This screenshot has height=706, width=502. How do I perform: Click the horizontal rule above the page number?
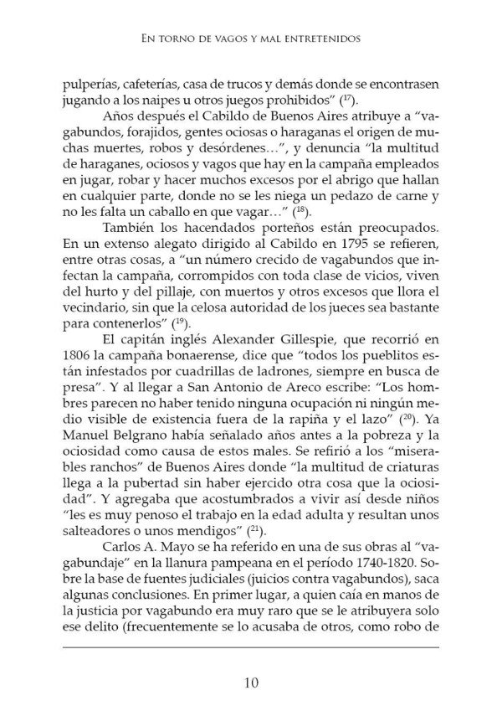click(x=251, y=647)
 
